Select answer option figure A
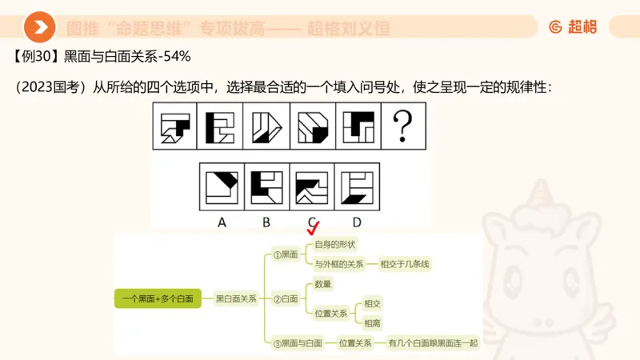point(222,186)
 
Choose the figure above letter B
point(266,186)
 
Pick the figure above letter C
point(311,186)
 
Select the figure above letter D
point(356,186)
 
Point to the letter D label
point(356,222)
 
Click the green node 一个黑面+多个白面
point(158,298)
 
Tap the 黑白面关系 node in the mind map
point(236,298)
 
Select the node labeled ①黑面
point(286,254)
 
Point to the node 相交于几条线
point(410,263)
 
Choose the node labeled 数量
point(323,283)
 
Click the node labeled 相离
point(372,323)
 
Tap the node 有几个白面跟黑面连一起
point(432,343)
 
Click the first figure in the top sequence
point(174,126)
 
